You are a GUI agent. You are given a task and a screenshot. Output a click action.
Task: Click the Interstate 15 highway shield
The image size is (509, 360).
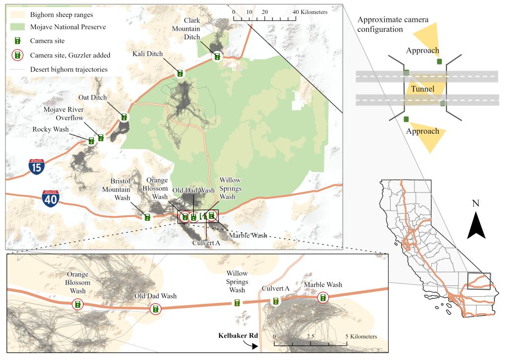click(x=36, y=167)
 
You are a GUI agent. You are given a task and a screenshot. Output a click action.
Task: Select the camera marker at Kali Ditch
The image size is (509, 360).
click(x=180, y=74)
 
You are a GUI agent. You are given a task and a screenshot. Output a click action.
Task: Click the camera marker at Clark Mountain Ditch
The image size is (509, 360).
click(x=217, y=56)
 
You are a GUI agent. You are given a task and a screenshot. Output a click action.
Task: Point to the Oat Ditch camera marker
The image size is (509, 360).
click(x=124, y=117)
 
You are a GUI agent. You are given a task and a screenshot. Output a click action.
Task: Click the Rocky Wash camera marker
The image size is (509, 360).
click(x=91, y=141)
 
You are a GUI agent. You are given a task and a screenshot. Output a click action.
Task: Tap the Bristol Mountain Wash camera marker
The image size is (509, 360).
click(x=147, y=217)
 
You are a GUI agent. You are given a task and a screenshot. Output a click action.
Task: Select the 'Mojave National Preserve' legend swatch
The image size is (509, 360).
click(x=17, y=27)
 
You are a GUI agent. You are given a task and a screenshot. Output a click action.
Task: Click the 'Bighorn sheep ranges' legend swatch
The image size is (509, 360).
click(x=17, y=15)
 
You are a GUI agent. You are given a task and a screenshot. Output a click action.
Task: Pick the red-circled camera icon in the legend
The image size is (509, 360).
click(x=17, y=55)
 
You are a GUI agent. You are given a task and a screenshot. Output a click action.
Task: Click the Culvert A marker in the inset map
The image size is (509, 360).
click(x=275, y=301)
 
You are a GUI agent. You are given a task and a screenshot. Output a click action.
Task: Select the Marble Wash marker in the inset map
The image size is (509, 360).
click(x=323, y=297)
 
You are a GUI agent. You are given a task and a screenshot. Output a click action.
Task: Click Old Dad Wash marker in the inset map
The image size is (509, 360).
click(x=156, y=309)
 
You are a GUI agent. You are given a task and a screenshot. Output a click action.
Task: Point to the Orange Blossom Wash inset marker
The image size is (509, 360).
click(x=78, y=304)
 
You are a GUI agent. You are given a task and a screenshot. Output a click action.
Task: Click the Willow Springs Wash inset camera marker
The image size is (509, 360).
click(x=237, y=303)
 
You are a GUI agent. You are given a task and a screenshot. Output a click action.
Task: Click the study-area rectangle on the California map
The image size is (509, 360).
click(x=479, y=281)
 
